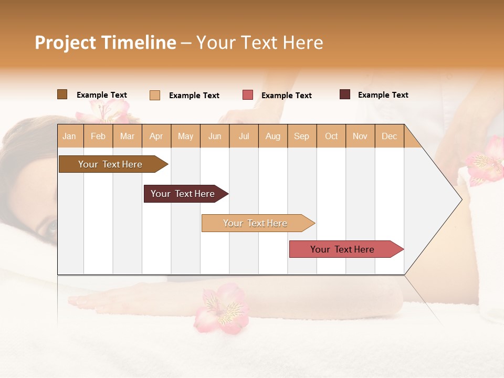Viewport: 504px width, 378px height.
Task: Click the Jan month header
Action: point(69,136)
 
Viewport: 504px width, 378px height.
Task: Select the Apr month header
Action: point(156,136)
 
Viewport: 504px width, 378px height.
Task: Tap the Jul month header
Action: point(244,136)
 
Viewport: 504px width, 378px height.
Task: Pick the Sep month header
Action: point(302,136)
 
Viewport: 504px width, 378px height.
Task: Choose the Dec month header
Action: point(390,136)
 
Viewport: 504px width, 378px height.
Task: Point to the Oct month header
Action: point(331,136)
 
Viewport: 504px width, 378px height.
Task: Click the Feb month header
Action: point(98,136)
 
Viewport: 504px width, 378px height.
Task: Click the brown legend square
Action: point(62,94)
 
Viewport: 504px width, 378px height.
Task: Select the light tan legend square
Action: point(155,95)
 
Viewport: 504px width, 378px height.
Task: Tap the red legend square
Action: point(248,95)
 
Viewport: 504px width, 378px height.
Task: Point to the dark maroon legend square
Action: point(345,94)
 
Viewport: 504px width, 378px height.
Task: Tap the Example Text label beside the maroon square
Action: point(383,95)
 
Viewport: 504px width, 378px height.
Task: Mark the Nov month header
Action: point(360,136)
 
